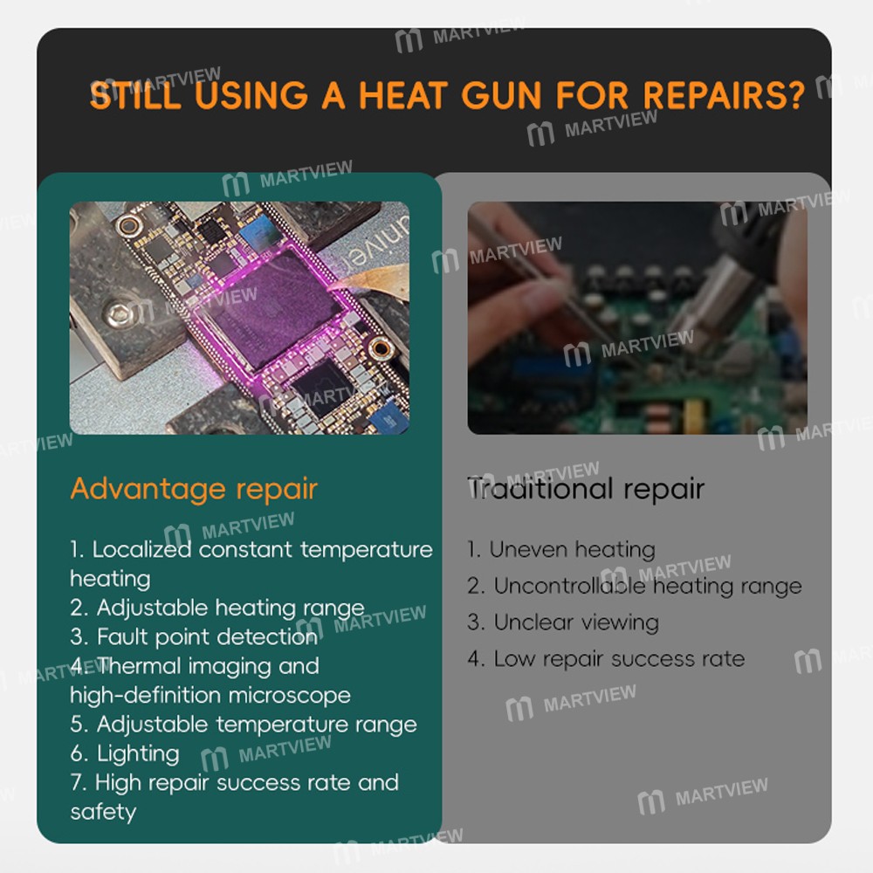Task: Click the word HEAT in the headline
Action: (403, 95)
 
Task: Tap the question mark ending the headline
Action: (795, 94)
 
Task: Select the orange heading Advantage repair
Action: (194, 490)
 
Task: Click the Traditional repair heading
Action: (586, 490)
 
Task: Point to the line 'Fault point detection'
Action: (194, 636)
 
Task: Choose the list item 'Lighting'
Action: (125, 754)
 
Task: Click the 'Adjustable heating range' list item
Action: (217, 608)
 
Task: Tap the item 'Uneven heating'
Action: (561, 550)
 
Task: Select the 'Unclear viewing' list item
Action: (563, 622)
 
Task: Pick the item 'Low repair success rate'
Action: (606, 658)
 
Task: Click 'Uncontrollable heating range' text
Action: (635, 587)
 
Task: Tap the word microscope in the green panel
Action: (290, 696)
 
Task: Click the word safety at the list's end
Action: (104, 812)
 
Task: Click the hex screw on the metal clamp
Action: (118, 314)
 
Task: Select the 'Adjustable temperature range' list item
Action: (244, 725)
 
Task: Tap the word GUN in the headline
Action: (501, 95)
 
